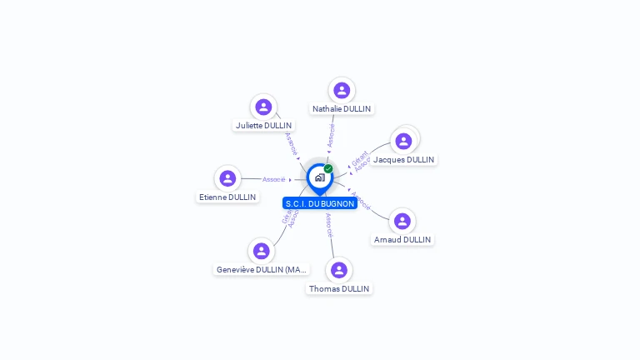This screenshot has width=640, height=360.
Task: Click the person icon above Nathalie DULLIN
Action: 342,90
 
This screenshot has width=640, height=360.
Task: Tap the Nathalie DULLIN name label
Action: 342,109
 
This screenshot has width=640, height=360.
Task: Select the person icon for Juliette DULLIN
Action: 263,107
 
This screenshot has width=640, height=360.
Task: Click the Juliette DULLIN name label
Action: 263,126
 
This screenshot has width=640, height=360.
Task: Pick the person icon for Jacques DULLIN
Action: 404,141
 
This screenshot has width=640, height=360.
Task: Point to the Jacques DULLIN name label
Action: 404,160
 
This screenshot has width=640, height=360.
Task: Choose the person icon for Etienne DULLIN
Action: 227,178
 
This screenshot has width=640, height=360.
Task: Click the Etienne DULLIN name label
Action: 227,197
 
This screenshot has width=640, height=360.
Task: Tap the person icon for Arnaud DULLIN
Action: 402,221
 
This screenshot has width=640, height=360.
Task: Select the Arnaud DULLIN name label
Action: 402,240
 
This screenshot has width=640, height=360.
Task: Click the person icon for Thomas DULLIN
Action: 339,270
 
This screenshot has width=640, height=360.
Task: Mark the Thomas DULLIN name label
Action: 339,289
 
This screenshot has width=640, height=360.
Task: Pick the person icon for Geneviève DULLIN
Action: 262,251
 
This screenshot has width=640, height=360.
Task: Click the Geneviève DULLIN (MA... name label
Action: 262,270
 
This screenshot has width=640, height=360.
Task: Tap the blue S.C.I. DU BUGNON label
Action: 320,203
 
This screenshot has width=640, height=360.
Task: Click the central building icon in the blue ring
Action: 319,177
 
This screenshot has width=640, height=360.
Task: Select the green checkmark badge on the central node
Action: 328,168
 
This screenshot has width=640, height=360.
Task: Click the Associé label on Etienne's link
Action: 274,179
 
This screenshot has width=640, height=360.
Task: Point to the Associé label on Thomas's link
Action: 329,225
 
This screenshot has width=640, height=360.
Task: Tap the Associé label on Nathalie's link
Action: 331,136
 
